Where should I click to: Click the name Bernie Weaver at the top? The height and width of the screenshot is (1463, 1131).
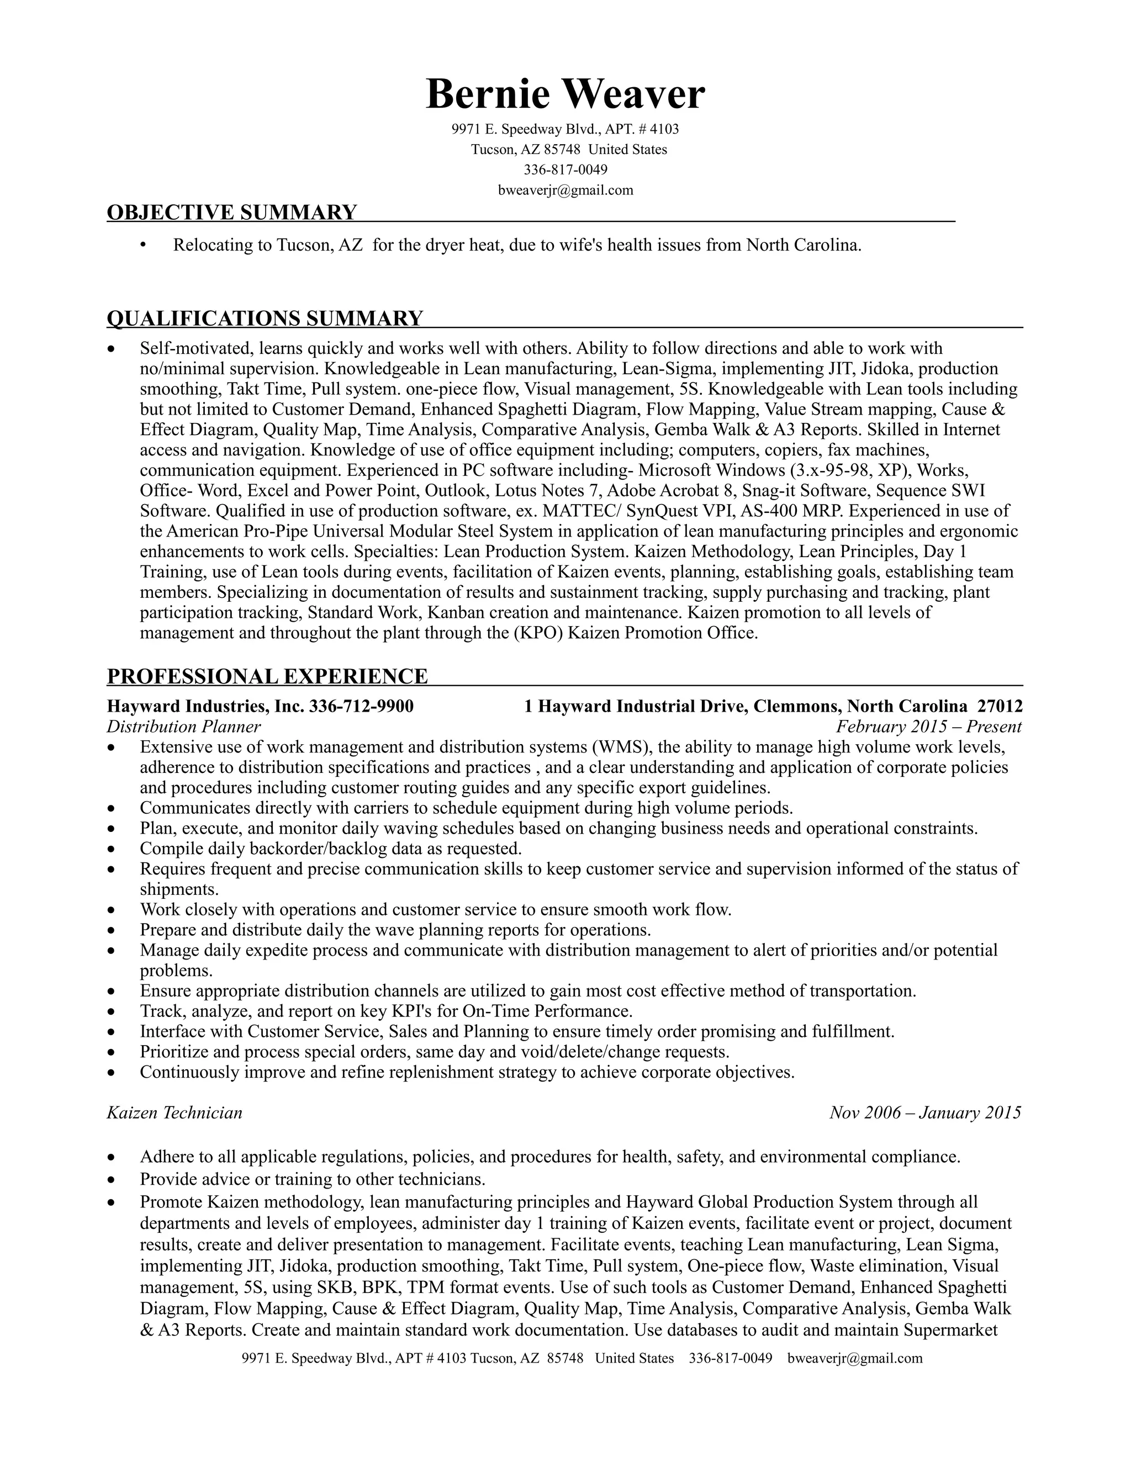pyautogui.click(x=565, y=93)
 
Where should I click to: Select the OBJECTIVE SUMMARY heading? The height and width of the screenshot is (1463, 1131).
pyautogui.click(x=232, y=213)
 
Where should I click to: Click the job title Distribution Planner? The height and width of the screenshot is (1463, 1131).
pyautogui.click(x=183, y=727)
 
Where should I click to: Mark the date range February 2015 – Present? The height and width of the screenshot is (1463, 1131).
pyautogui.click(x=929, y=727)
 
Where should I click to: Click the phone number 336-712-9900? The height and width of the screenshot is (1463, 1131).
pyautogui.click(x=361, y=706)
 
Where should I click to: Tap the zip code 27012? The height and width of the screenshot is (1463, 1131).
pyautogui.click(x=1000, y=706)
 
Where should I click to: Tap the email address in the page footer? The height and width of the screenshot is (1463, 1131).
pyautogui.click(x=855, y=1359)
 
